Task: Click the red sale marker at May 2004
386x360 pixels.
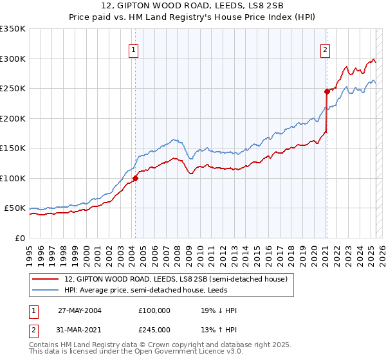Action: [136, 178]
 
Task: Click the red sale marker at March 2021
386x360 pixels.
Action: [327, 91]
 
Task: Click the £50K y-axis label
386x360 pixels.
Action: [15, 208]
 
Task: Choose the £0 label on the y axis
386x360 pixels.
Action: [21, 238]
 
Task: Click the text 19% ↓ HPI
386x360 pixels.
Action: [219, 310]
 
